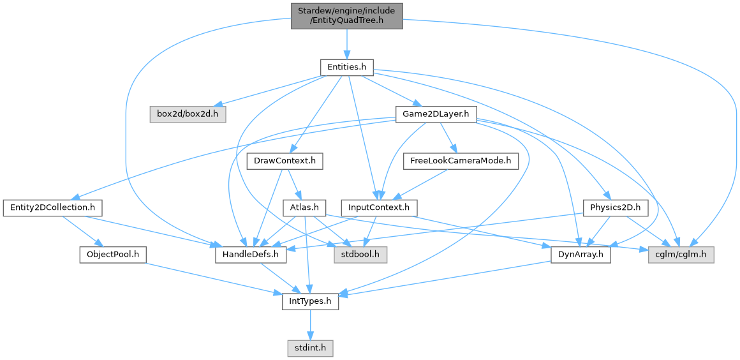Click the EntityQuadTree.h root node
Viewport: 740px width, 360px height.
[346, 15]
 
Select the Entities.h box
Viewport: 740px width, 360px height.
[346, 67]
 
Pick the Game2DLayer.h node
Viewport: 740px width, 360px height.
[436, 115]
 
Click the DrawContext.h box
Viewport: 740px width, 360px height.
[284, 161]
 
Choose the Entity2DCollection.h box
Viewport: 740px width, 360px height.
[52, 207]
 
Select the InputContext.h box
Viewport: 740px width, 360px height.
[380, 207]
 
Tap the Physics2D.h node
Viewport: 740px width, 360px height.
[616, 207]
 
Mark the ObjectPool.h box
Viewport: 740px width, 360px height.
[112, 255]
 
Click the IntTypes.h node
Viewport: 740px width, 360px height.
[310, 301]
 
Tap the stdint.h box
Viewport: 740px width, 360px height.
[310, 348]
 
